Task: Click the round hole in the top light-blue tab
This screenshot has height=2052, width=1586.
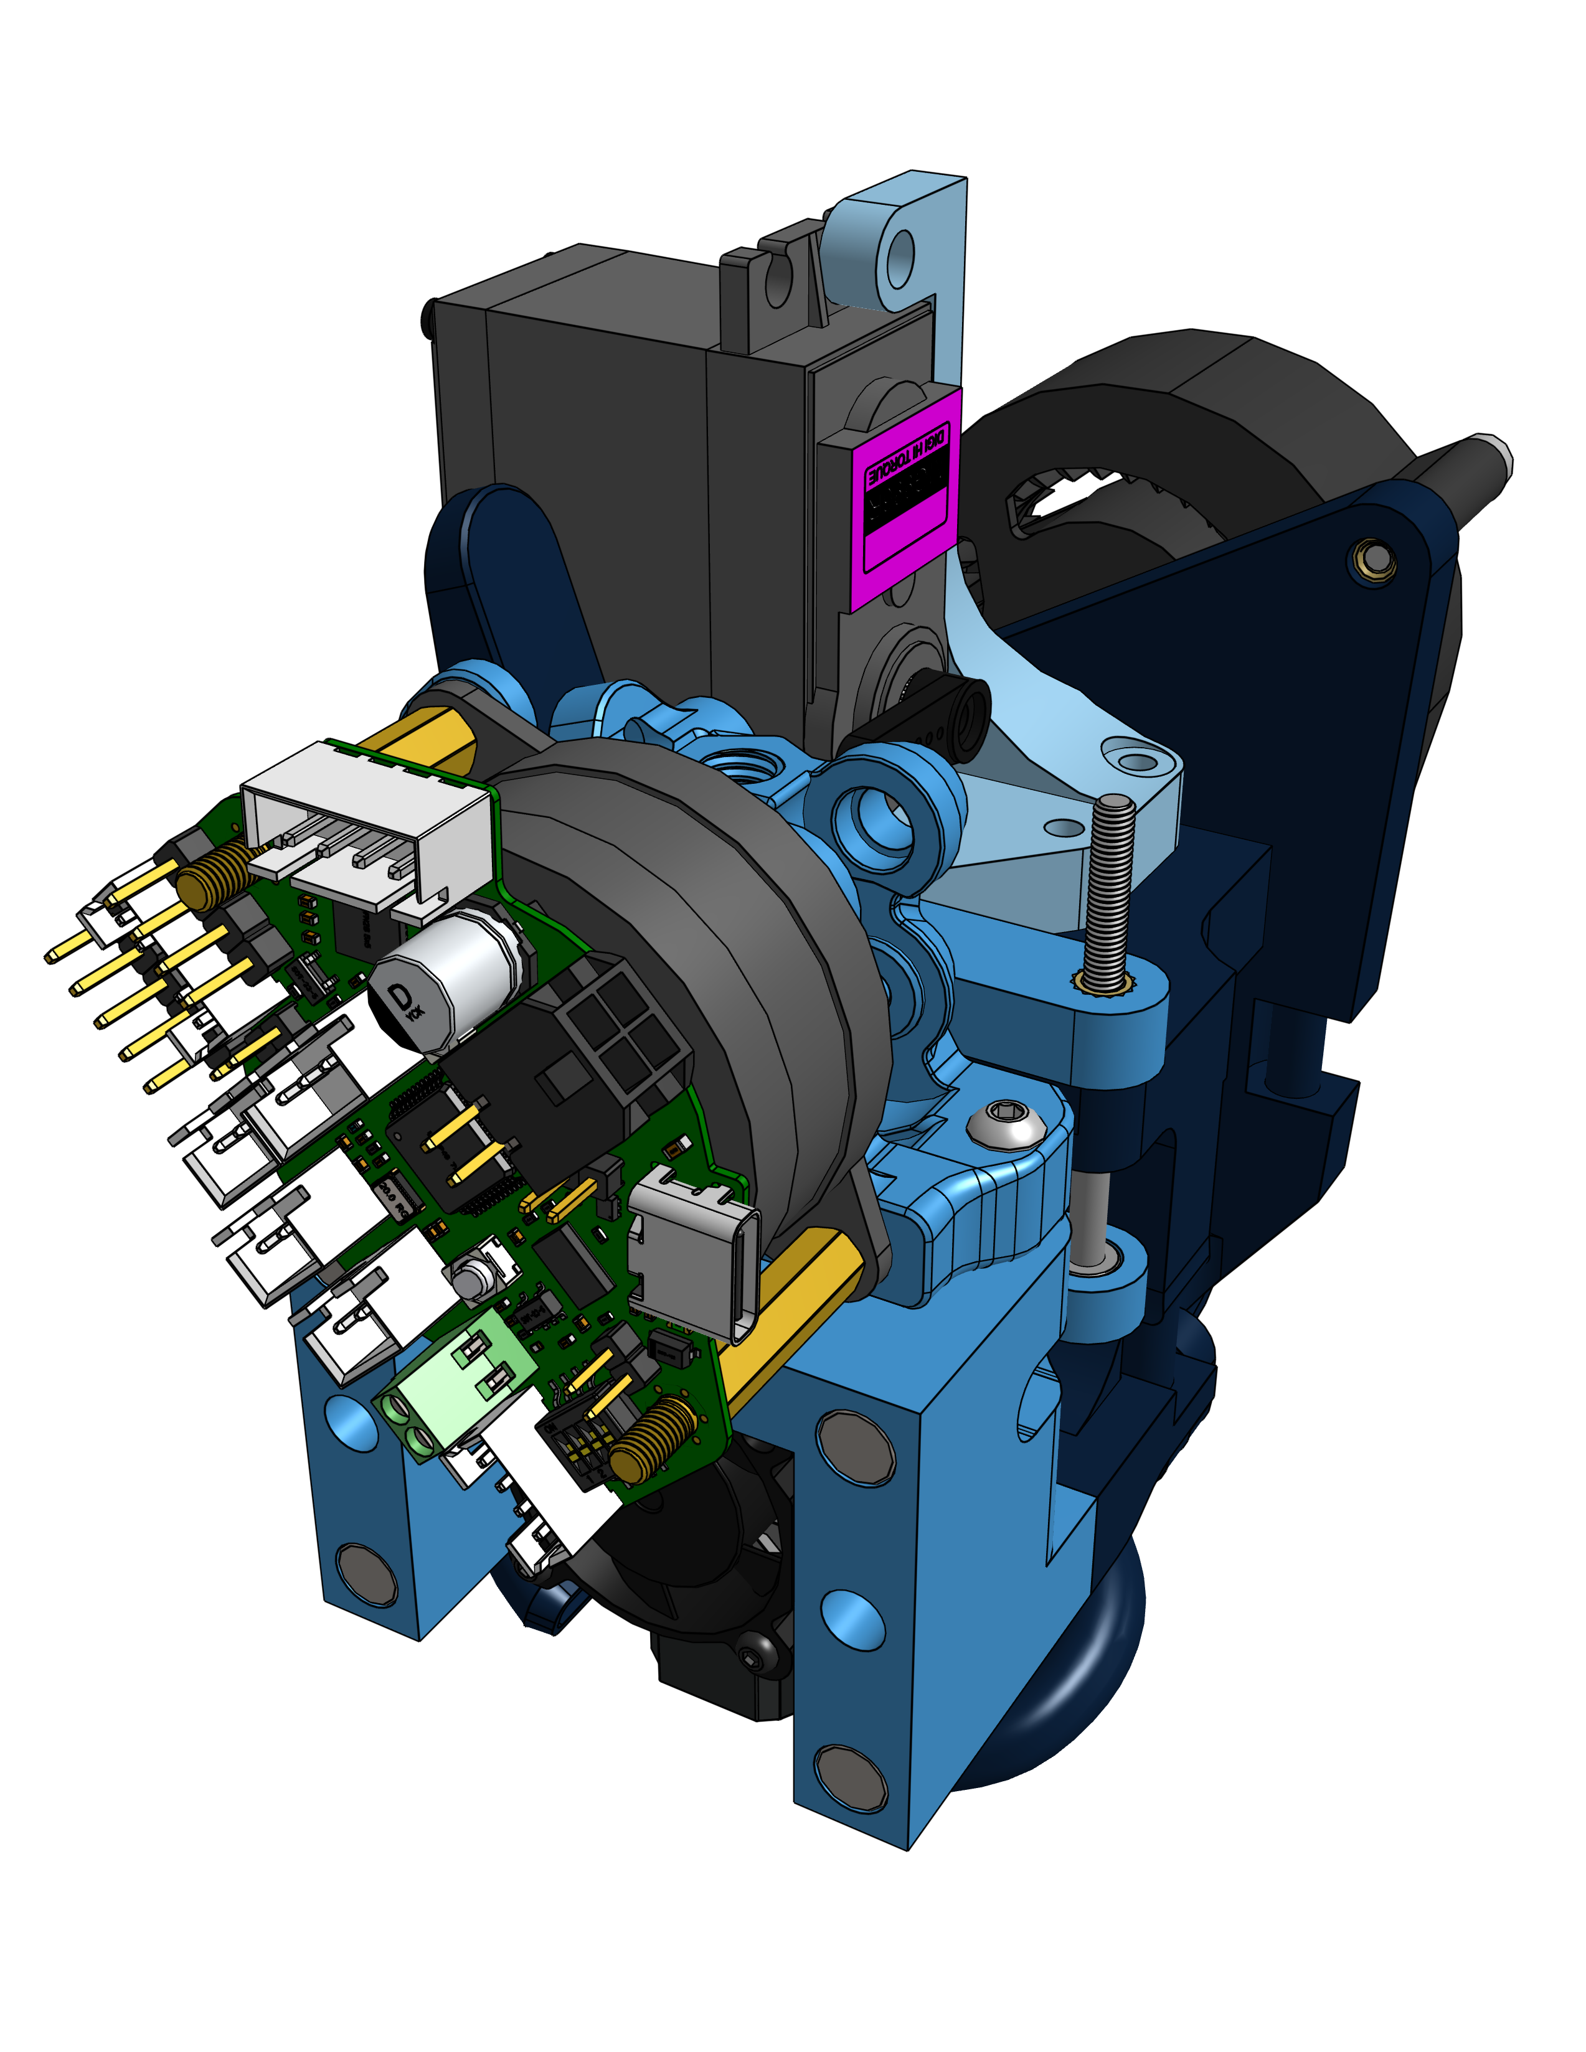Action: [900, 253]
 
